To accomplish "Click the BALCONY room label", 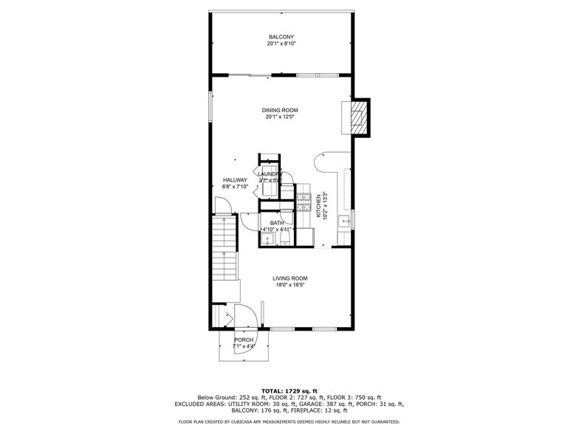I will coord(281,37).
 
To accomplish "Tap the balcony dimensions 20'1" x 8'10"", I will coord(281,44).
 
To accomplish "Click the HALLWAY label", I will coord(235,180).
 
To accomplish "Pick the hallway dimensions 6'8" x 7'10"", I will coord(235,187).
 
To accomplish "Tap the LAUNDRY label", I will coord(270,174).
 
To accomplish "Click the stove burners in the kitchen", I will coord(304,199).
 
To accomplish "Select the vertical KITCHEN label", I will coord(319,206).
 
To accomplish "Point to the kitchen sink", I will coord(343,221).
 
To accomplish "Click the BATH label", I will coord(276,223).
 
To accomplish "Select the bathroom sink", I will coord(266,238).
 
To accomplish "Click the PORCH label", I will coord(244,340).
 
